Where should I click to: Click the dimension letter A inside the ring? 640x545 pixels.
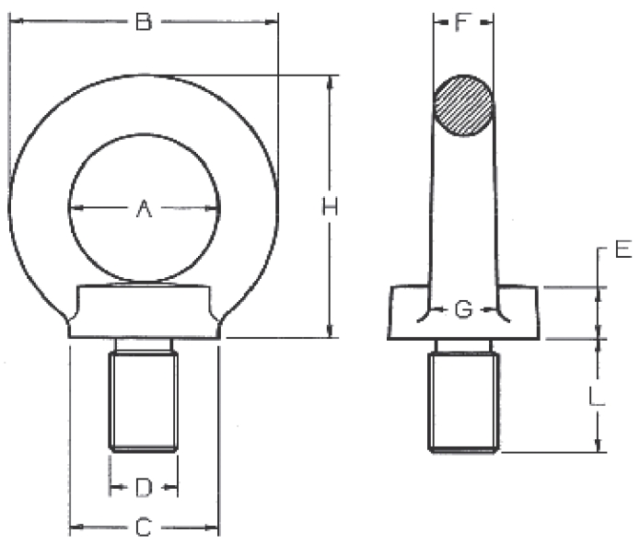(144, 210)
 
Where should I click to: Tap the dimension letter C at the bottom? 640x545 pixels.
(144, 528)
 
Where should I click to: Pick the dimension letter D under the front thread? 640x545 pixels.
(144, 485)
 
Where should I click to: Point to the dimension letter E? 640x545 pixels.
(623, 249)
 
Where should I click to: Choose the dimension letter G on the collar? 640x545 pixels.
(464, 309)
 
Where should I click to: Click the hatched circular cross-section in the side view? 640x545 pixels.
(464, 105)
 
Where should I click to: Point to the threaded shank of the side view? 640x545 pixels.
(463, 400)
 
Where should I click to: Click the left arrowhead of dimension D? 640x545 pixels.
(114, 485)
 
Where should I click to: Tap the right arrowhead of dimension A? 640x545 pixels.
(214, 209)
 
